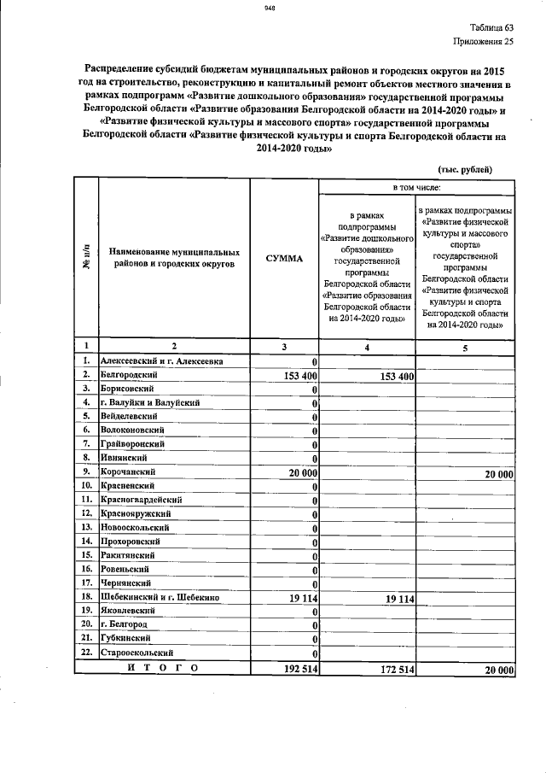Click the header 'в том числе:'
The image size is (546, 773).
[416, 187]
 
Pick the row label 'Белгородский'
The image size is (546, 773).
[128, 375]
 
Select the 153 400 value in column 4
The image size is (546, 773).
[390, 376]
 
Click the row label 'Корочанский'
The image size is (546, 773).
[127, 471]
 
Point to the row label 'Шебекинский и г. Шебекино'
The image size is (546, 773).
[160, 598]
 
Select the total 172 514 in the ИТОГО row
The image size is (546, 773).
[391, 671]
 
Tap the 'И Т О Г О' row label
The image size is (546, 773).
[162, 669]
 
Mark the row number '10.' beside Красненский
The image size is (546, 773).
[86, 485]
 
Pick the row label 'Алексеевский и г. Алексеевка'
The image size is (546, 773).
[161, 361]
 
